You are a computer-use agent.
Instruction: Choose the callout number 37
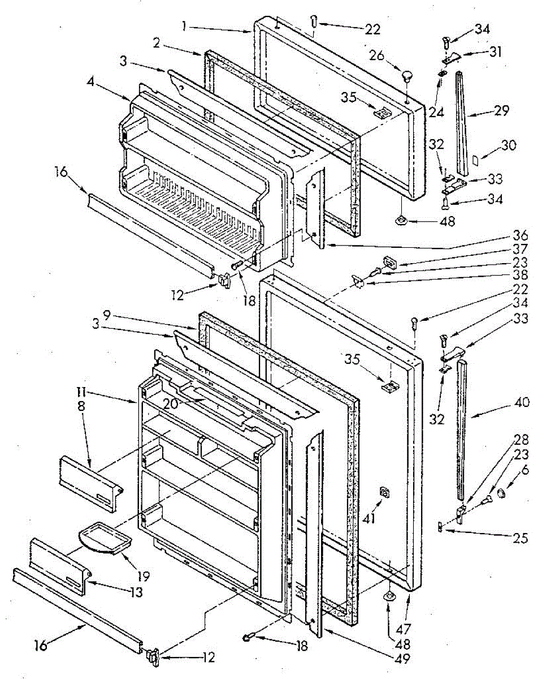(520, 249)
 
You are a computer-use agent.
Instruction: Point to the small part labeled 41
(385, 493)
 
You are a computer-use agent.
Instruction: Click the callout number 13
(136, 592)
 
